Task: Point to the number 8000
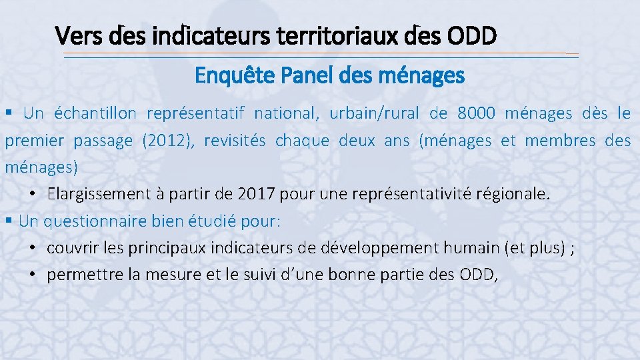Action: pos(476,113)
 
